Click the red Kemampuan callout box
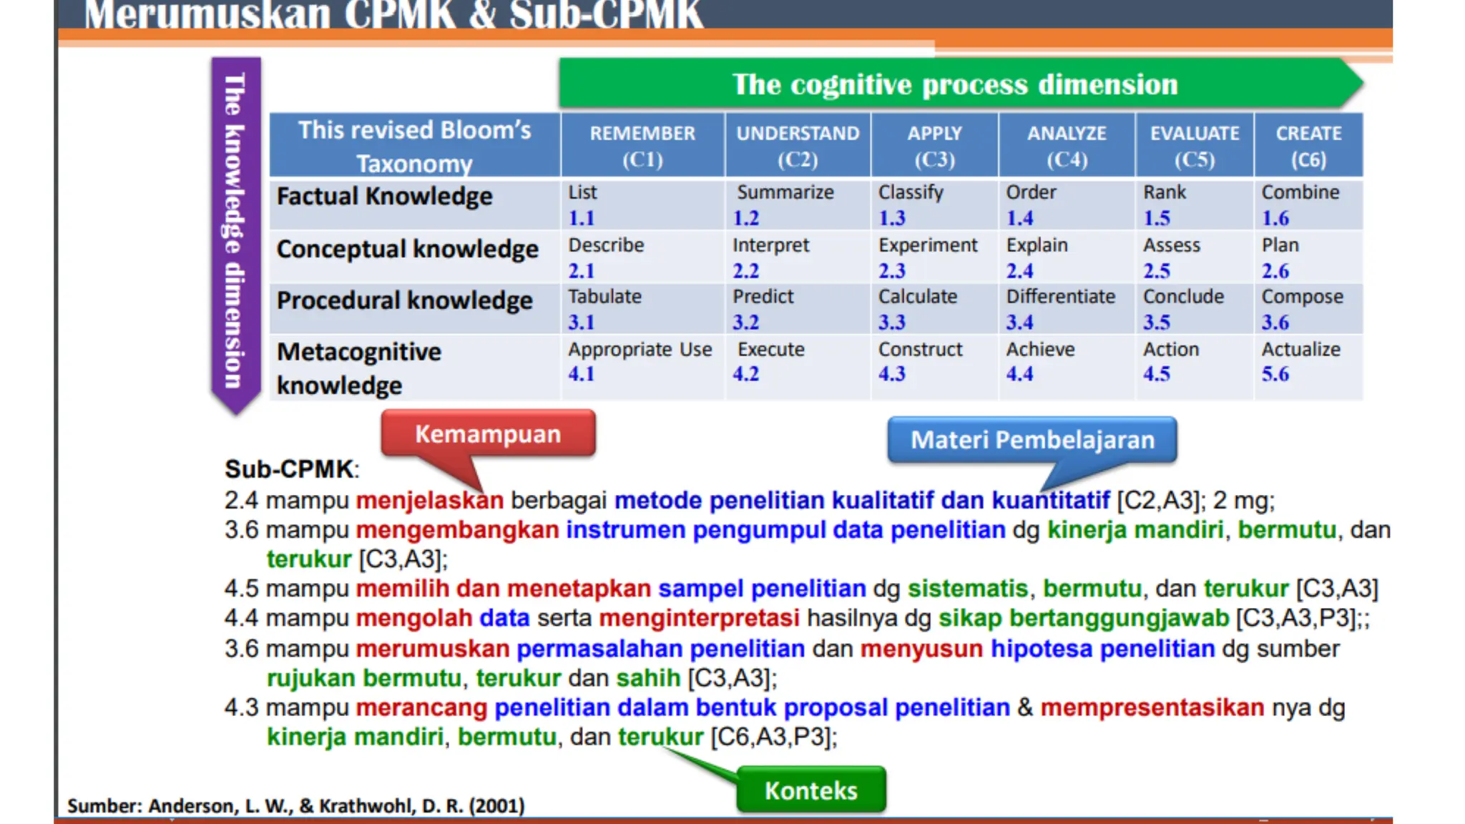[488, 433]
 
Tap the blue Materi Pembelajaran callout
[1032, 439]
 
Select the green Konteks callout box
[810, 790]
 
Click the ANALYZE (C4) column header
[1066, 145]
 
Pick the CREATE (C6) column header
[1308, 145]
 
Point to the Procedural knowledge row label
[405, 300]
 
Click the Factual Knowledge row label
[385, 197]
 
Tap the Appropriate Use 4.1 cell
[640, 362]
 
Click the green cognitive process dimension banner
[954, 84]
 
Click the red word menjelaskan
[429, 500]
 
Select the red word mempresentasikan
[1152, 707]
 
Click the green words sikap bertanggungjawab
[1083, 618]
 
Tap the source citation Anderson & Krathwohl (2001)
[296, 806]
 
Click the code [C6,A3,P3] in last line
[773, 737]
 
